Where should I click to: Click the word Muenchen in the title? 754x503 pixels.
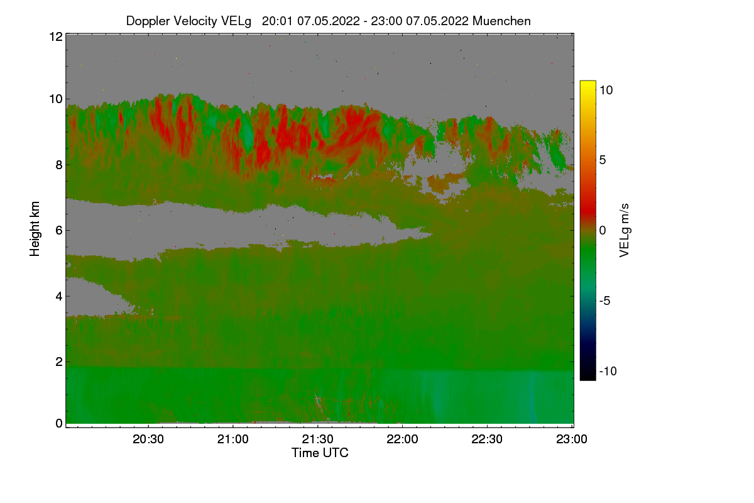click(501, 21)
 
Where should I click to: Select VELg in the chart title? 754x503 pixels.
click(236, 21)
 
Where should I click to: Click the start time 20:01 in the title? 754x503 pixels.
click(277, 21)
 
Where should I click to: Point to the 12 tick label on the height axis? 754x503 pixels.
click(56, 36)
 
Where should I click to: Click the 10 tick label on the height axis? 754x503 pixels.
click(56, 99)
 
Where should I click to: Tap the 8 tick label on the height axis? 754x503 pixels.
click(59, 165)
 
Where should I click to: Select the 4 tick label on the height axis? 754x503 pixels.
click(59, 297)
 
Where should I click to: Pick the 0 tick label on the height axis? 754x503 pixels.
click(59, 424)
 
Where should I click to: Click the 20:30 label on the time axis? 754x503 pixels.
click(148, 439)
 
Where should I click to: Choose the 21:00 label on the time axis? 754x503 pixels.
click(232, 439)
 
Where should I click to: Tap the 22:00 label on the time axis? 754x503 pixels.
click(402, 439)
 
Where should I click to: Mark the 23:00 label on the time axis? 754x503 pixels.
click(572, 439)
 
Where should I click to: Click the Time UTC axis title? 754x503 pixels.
click(320, 453)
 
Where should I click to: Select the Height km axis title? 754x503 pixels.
click(35, 229)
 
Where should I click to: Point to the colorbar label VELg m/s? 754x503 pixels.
click(625, 231)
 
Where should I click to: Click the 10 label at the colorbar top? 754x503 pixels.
click(606, 91)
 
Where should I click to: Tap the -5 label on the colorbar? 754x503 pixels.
click(605, 301)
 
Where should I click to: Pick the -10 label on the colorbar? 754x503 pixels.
click(608, 371)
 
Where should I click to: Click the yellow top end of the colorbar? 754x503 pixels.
click(587, 82)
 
